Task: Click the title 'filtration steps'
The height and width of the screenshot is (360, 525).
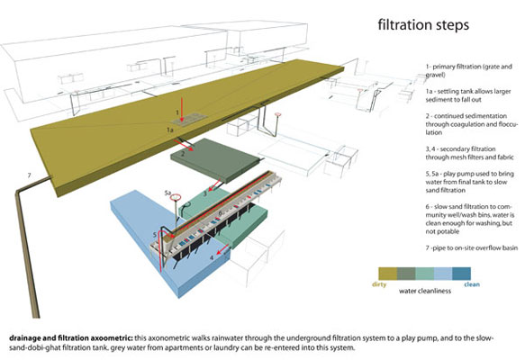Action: (x=423, y=25)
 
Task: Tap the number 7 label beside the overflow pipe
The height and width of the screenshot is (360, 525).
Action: (x=29, y=175)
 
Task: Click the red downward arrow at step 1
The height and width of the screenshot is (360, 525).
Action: (x=181, y=109)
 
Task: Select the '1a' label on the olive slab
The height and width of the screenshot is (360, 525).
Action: (x=170, y=130)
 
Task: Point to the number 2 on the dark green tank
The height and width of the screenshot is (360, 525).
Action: (x=183, y=154)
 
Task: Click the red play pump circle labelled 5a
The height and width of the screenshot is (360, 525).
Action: (x=176, y=197)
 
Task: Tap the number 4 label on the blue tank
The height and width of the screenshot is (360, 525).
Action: (x=212, y=257)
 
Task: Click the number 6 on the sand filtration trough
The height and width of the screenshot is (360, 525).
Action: (x=221, y=212)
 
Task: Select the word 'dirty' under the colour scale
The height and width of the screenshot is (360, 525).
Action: (x=379, y=284)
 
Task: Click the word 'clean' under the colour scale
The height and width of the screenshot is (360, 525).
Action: (x=472, y=284)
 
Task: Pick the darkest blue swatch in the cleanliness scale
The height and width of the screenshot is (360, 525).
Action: (x=462, y=274)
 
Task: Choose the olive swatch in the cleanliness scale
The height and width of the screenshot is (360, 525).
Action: (x=388, y=274)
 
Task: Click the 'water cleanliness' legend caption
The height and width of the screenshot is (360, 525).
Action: (x=425, y=291)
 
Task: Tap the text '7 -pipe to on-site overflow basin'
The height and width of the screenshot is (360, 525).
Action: (x=472, y=248)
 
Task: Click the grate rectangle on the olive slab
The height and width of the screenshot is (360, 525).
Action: (x=186, y=120)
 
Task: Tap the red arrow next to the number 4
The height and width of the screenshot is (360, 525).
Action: (x=223, y=250)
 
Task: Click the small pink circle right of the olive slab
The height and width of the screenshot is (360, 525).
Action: (x=277, y=115)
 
